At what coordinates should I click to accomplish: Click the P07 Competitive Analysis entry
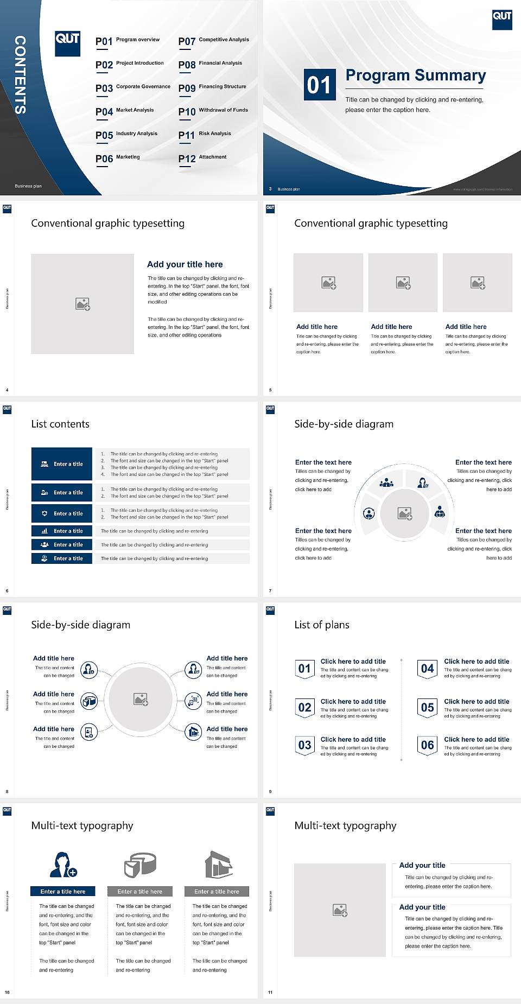(x=213, y=41)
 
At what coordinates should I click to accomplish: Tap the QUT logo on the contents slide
(x=68, y=43)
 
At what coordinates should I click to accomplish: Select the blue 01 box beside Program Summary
(x=319, y=85)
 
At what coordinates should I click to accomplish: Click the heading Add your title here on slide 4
(x=185, y=264)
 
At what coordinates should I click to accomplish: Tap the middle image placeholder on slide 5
(x=403, y=283)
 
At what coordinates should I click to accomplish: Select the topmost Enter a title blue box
(x=62, y=464)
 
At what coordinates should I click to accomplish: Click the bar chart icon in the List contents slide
(x=45, y=531)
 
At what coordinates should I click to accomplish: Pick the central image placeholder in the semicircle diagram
(x=404, y=513)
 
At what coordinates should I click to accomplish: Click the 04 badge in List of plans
(x=427, y=669)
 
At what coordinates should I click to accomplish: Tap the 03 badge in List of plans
(x=304, y=746)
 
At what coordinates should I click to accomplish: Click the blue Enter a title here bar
(x=63, y=892)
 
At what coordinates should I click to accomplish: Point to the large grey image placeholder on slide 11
(x=340, y=910)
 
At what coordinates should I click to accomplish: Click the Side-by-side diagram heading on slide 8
(x=80, y=625)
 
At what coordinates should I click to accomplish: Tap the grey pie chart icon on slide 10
(x=140, y=865)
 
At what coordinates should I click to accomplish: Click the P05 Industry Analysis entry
(x=126, y=135)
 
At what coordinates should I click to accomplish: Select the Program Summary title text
(x=415, y=75)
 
